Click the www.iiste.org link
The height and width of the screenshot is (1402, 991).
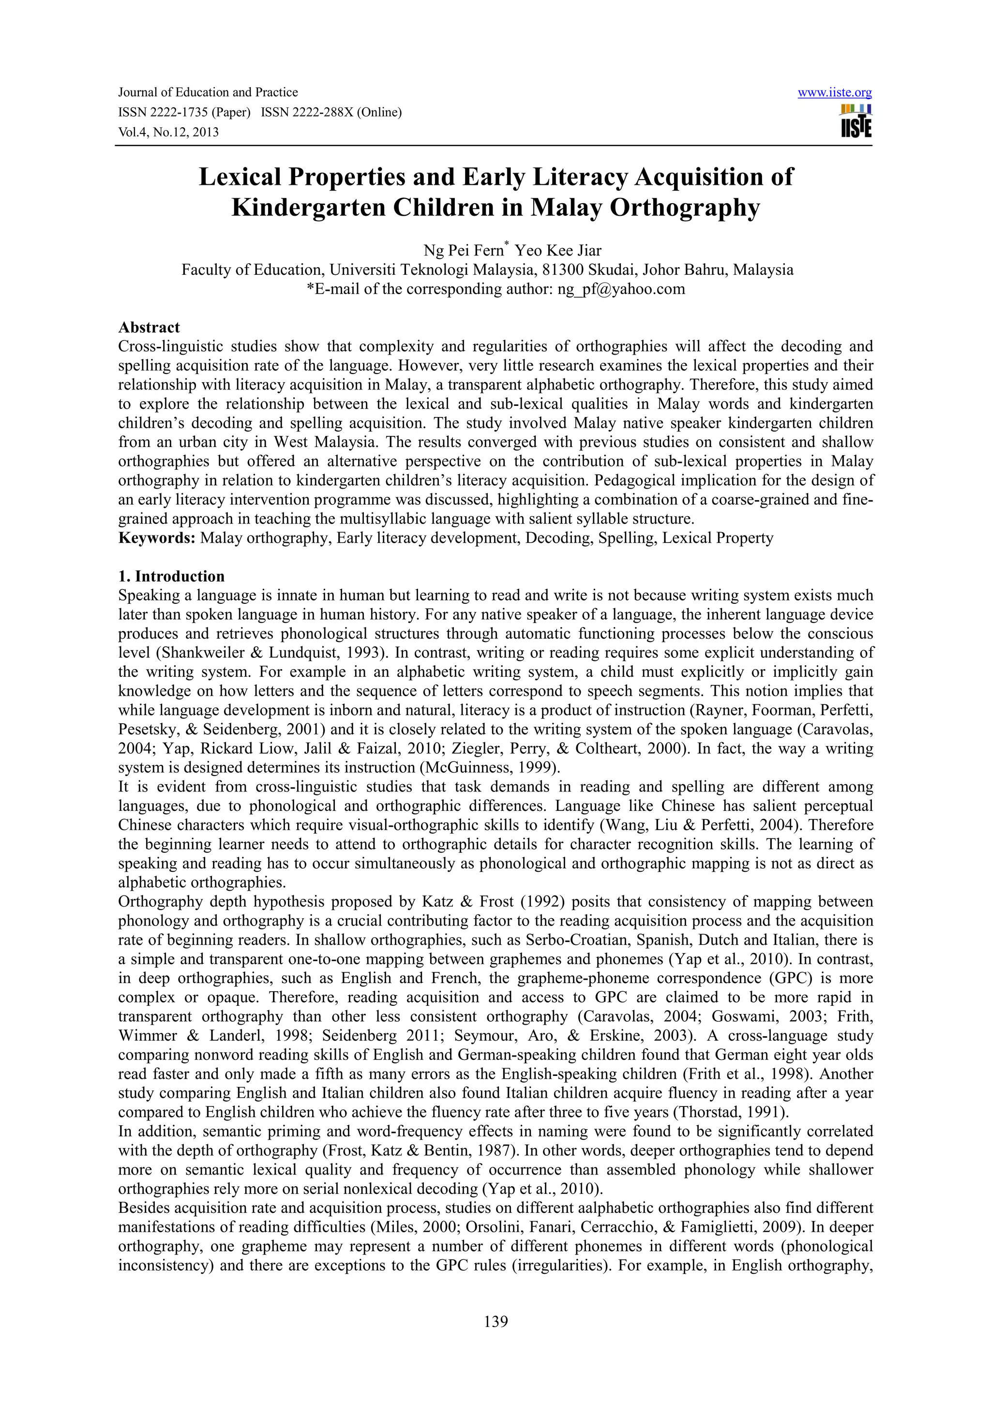coord(835,93)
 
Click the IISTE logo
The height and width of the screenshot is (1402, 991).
coord(856,121)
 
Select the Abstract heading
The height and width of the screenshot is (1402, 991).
coord(149,328)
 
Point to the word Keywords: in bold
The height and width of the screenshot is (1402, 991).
coord(157,538)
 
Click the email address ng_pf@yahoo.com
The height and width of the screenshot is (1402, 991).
coord(621,289)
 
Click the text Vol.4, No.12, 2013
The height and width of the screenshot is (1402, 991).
coord(168,132)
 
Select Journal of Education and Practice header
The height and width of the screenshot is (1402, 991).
coord(208,93)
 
